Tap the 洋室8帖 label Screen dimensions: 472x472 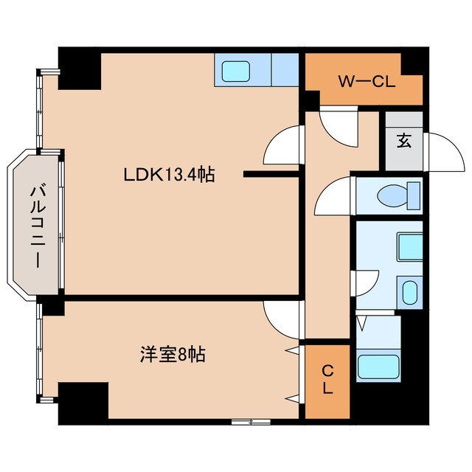pos(173,354)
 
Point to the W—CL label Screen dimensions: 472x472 pos(367,80)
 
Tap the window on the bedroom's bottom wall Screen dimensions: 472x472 pos(251,422)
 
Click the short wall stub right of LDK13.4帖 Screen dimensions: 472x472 pos(271,175)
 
